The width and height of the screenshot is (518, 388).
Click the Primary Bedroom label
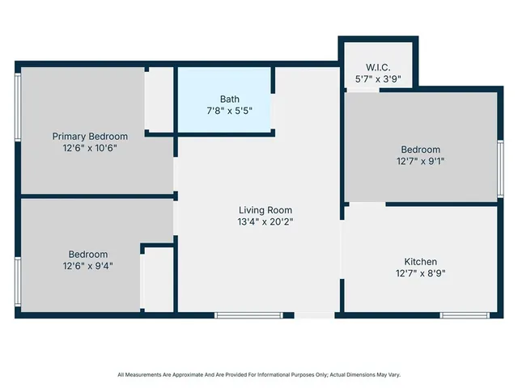pos(90,137)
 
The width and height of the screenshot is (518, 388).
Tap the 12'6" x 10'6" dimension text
pos(90,148)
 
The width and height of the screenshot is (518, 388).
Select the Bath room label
pos(230,99)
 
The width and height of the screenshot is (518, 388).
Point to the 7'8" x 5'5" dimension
pos(230,111)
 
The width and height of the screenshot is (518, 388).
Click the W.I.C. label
pos(378,67)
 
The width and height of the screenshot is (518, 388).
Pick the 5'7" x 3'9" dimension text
pos(378,78)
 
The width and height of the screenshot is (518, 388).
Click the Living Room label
pos(265,210)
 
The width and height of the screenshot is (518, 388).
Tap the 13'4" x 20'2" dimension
pos(265,221)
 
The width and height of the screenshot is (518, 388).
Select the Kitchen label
pos(421,261)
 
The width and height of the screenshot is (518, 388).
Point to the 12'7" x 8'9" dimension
pos(421,273)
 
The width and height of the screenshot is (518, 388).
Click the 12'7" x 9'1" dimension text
pos(421,161)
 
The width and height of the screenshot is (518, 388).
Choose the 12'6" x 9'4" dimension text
pos(88,265)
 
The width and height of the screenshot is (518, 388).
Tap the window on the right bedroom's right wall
pos(500,168)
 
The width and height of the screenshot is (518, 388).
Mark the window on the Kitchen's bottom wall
pos(465,314)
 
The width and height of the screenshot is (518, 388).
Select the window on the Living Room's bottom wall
pos(248,314)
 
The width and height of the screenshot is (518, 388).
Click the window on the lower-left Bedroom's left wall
pos(18,280)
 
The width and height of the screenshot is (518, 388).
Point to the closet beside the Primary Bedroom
pos(159,99)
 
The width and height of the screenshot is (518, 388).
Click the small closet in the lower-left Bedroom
pos(159,280)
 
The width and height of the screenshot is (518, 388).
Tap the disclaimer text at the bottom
pos(259,375)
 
